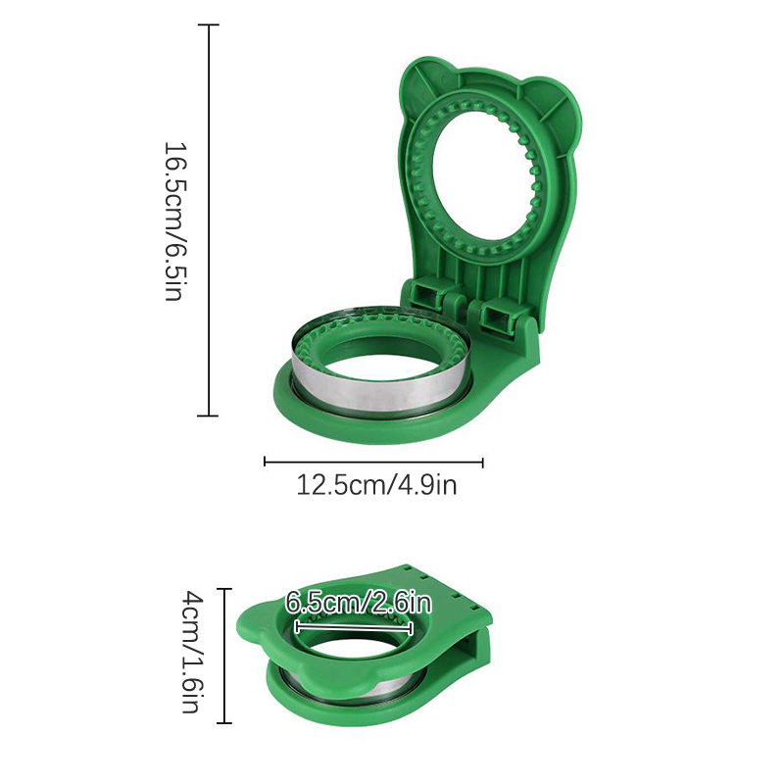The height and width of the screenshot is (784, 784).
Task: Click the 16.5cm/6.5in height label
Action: click(176, 221)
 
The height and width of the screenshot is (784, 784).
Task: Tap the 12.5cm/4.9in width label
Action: click(376, 485)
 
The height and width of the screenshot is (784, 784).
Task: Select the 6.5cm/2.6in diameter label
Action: click(359, 603)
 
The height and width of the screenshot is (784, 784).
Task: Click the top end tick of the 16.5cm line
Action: click(208, 24)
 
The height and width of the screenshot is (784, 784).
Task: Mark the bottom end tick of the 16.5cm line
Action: click(208, 415)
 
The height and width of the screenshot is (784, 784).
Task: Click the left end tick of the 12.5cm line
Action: click(265, 462)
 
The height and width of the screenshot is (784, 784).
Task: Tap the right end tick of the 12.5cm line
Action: click(482, 462)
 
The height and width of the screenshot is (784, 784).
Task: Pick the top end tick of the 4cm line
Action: click(223, 589)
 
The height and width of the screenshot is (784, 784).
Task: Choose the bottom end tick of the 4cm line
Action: click(223, 722)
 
